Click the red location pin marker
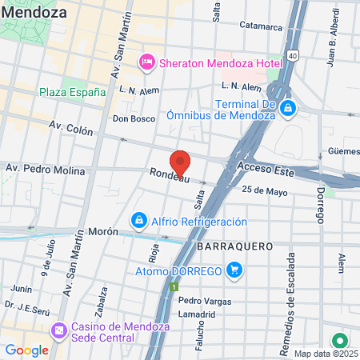pos(181,162)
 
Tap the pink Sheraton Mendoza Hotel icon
pos(146,62)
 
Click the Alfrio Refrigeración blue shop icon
pos(138,219)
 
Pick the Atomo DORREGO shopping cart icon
pos(234,271)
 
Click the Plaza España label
pos(72,92)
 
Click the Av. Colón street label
pos(72,126)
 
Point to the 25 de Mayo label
pos(263,190)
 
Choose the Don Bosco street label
pos(133,118)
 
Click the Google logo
pos(26,350)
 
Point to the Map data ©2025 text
pos(325,354)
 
